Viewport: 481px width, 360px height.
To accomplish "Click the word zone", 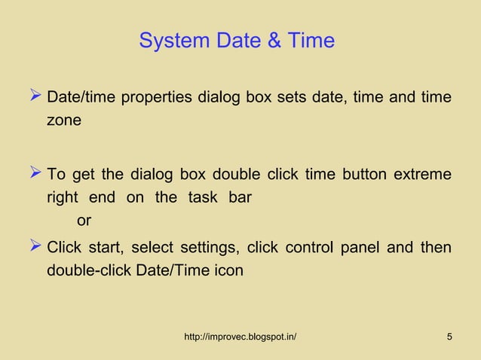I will click(64, 120).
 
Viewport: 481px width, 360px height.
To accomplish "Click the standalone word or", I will click(84, 221).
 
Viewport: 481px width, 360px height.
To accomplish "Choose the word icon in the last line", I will click(227, 270).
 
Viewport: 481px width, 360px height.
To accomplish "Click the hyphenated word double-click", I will click(88, 270).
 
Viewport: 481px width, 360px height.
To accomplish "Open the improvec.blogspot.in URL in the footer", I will click(240, 336).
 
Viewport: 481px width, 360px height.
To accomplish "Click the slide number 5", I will click(449, 336).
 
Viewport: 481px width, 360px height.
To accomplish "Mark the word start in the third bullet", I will click(106, 248).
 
